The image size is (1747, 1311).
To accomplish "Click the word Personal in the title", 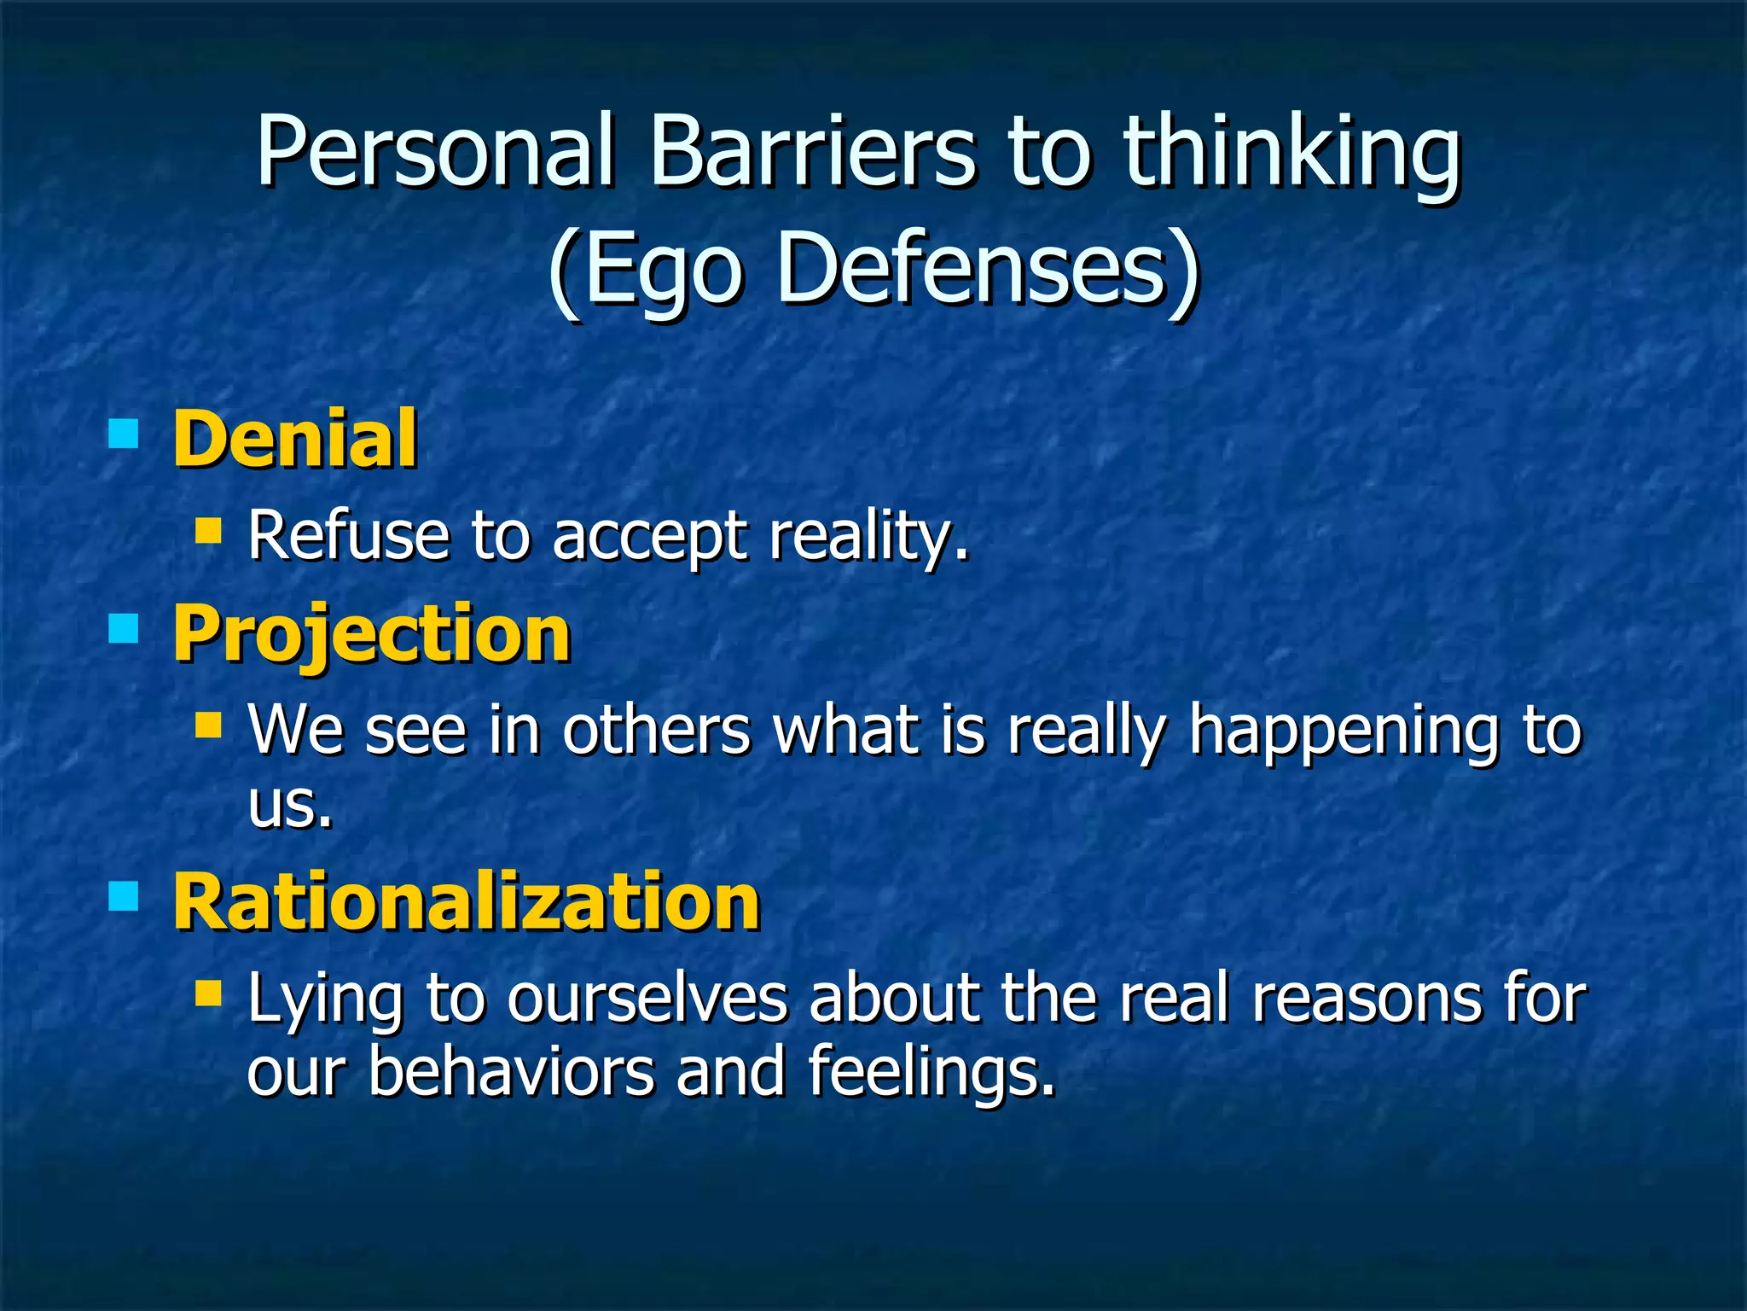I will click(x=435, y=152).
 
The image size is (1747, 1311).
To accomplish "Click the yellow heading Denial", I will click(x=295, y=439).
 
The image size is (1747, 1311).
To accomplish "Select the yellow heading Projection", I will click(x=371, y=635).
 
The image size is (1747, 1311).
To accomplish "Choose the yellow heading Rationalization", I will click(x=466, y=903).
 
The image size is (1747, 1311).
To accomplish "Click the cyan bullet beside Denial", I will click(x=124, y=433).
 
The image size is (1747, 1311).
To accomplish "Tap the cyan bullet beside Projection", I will click(x=124, y=629).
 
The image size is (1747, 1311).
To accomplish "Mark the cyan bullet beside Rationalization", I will click(x=124, y=897).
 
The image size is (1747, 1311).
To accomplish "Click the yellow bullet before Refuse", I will click(x=208, y=531).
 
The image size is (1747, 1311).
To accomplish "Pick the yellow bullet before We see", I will click(x=208, y=725).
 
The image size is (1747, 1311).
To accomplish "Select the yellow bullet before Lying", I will click(x=208, y=993).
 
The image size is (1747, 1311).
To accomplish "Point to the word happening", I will click(x=1344, y=732).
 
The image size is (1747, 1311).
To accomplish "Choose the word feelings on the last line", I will click(x=930, y=1072).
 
